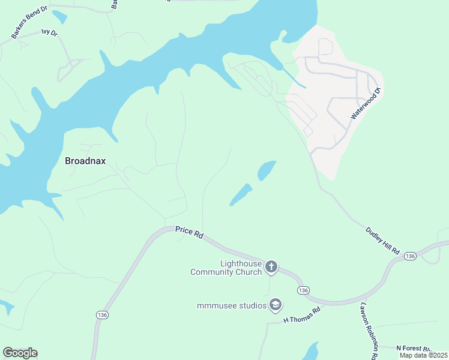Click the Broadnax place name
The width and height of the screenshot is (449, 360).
[x=85, y=161]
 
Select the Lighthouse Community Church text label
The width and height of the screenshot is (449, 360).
[x=226, y=268]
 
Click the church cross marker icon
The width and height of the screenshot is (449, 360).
[x=271, y=266]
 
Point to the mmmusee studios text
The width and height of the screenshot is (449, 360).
[x=232, y=306]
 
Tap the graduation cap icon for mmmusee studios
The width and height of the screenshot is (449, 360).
[x=276, y=305]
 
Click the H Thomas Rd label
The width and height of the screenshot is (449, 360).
[x=302, y=315]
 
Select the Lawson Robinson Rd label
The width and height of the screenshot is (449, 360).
[x=368, y=330]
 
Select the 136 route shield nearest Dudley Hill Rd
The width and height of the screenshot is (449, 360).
[x=410, y=256]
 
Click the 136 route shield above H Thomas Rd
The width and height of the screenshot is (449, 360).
[x=303, y=290]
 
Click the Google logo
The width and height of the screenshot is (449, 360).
[x=20, y=353]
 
